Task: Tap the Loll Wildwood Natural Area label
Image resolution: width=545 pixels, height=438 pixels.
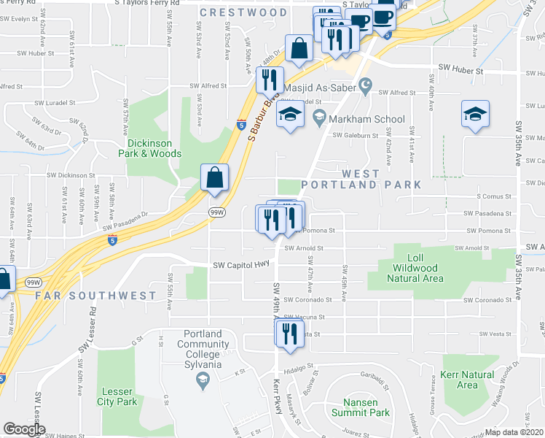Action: point(415,268)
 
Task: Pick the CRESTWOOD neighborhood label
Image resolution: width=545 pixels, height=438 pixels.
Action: point(243,12)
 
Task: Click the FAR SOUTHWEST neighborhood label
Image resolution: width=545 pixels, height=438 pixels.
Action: point(95,296)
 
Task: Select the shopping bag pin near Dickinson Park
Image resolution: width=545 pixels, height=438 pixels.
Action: point(215,177)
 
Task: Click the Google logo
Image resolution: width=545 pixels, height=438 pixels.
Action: point(24,429)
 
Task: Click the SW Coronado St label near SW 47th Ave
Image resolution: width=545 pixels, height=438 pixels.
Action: point(307,299)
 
